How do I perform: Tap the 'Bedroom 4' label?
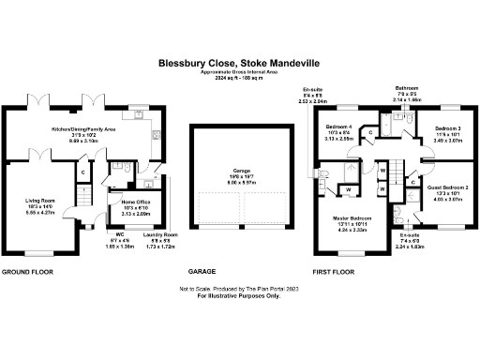(339, 126)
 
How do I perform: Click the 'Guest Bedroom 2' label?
(447, 187)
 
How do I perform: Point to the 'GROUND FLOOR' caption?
(26, 272)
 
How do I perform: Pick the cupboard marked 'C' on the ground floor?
(83, 172)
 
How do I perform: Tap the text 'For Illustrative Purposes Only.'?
(239, 296)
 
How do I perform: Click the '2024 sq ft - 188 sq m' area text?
(239, 79)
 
